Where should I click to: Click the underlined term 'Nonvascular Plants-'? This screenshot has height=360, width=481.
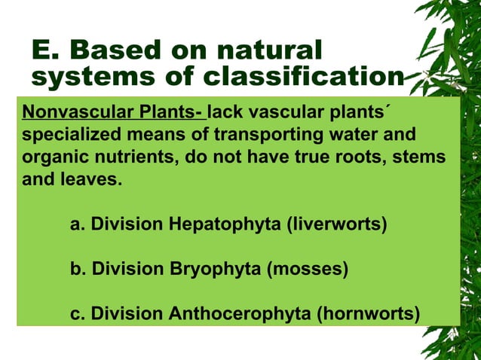click(113, 114)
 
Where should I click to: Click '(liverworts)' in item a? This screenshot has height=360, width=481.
click(339, 224)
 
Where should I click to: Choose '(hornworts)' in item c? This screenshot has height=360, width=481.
click(366, 312)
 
